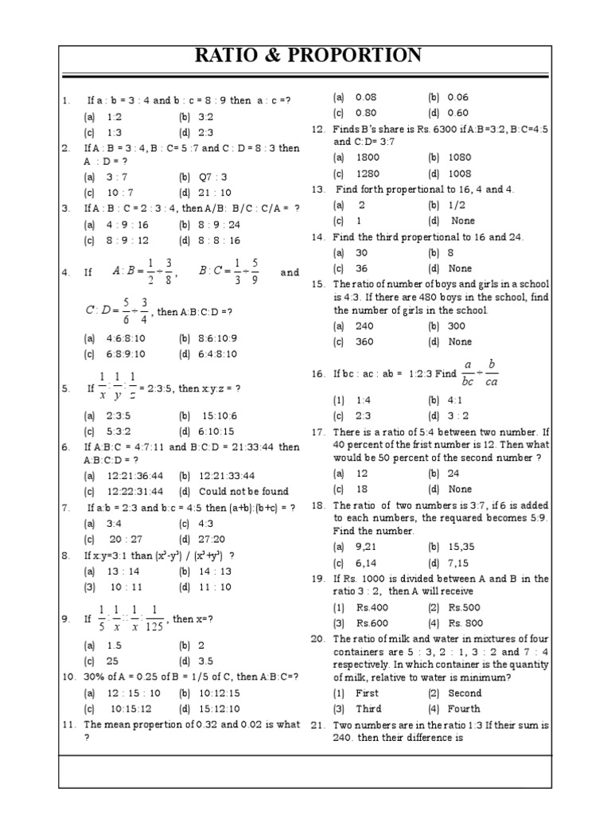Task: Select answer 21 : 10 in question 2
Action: [216, 193]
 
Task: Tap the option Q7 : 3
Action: [213, 177]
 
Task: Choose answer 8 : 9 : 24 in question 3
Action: [220, 224]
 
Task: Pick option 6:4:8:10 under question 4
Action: [217, 354]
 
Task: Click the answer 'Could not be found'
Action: [243, 491]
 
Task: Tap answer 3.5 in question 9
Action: [206, 661]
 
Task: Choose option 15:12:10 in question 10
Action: [220, 708]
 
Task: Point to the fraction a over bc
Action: [469, 373]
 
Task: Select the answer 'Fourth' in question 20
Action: [464, 708]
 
